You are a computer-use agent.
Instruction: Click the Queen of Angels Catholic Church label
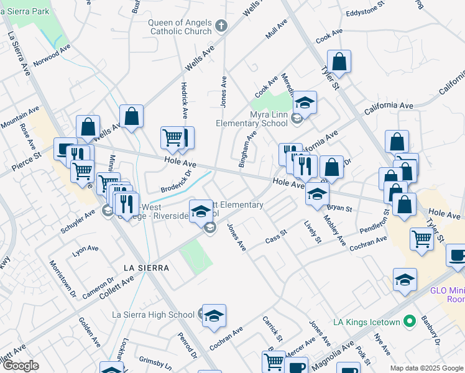click(x=180, y=27)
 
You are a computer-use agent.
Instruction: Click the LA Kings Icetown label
click(x=366, y=321)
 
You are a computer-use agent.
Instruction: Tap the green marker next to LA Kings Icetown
click(x=409, y=321)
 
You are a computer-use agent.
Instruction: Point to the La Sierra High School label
click(x=153, y=315)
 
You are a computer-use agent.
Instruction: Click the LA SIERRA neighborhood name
click(x=146, y=267)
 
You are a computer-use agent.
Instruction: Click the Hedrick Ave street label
click(x=184, y=100)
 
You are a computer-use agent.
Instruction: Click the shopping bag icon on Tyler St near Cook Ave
click(x=339, y=62)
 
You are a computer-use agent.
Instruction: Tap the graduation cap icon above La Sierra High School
click(x=214, y=315)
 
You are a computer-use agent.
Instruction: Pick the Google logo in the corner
click(x=20, y=366)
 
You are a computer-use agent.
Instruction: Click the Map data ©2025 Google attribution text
click(x=426, y=368)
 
